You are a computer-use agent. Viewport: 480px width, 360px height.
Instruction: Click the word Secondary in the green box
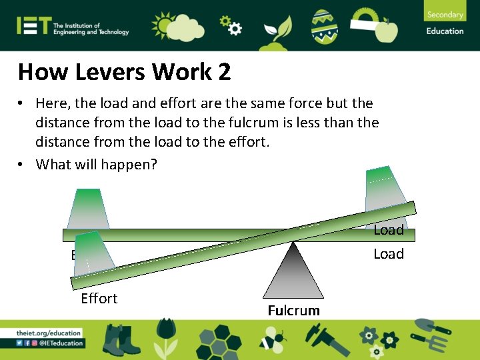pos(445,15)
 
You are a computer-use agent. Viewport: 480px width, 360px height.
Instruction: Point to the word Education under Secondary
pos(445,31)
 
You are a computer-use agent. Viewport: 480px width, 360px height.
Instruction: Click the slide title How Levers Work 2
pos(125,72)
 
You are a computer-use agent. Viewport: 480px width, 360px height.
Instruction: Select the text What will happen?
pos(97,164)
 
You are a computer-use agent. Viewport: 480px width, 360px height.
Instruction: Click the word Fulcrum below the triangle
pos(293,311)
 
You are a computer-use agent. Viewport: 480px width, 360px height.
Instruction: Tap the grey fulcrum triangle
pos(293,273)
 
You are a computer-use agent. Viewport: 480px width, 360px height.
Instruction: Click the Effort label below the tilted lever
pos(99,299)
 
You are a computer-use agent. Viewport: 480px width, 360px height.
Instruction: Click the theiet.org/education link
pos(50,333)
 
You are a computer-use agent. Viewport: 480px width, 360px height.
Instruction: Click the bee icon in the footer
pos(272,341)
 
